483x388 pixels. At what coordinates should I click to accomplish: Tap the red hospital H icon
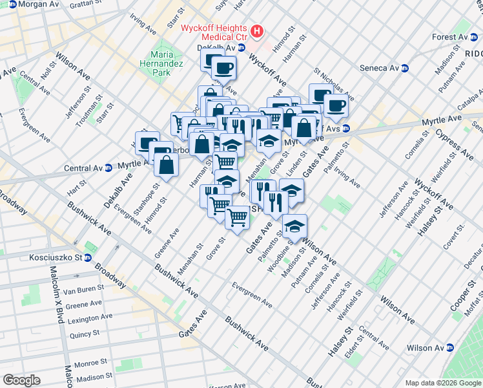[x=258, y=31]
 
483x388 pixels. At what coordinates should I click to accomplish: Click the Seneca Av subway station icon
[x=405, y=68]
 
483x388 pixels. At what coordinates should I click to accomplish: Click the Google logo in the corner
[x=21, y=380]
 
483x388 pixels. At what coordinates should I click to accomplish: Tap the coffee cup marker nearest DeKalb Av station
[x=223, y=67]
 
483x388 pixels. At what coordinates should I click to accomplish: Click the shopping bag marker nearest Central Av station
[x=167, y=164]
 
